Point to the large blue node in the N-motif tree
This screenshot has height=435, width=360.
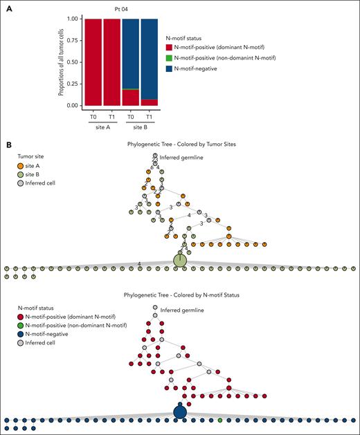click(x=180, y=412)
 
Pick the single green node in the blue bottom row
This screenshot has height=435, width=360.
click(x=220, y=420)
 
